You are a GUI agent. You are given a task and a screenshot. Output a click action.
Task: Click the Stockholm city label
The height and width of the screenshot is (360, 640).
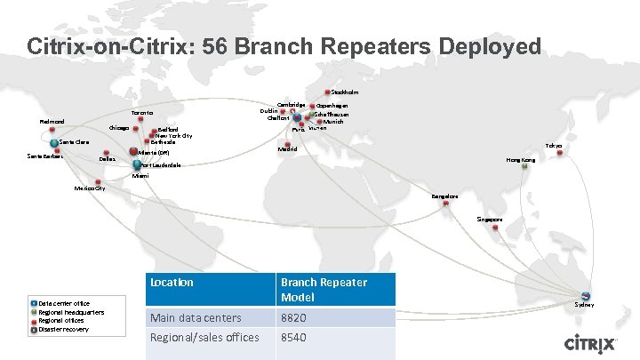[346, 92]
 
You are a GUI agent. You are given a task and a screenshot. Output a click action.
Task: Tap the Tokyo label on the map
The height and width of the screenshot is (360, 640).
[554, 145]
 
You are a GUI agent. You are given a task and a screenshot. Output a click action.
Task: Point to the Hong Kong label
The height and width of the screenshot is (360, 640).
[520, 160]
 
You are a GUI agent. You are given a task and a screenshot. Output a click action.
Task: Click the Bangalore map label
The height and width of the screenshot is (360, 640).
[445, 196]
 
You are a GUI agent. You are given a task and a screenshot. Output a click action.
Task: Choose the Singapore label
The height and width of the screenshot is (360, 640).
[489, 219]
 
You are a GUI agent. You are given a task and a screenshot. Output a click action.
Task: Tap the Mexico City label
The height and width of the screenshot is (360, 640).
[90, 188]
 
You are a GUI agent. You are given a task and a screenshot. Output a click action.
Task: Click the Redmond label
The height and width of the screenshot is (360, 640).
[52, 122]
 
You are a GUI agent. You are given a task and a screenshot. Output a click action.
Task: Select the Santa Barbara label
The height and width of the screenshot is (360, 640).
[44, 156]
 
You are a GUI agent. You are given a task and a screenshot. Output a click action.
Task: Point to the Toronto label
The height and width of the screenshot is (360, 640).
[142, 113]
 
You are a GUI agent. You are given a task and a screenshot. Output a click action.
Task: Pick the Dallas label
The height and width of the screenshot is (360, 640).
[107, 159]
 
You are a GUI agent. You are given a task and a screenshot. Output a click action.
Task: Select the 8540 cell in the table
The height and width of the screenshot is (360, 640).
[294, 338]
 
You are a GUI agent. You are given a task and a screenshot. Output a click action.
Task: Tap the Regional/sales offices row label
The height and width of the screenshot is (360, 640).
[205, 338]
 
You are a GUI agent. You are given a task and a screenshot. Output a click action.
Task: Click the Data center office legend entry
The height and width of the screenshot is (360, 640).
[63, 304]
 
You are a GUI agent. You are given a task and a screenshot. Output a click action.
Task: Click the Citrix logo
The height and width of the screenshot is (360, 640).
[593, 343]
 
